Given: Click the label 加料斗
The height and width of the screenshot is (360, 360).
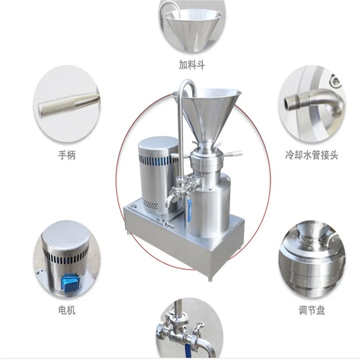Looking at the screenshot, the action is [192, 65].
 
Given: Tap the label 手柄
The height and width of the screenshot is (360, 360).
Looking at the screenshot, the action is [67, 156].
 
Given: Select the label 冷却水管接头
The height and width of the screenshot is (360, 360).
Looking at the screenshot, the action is [312, 156].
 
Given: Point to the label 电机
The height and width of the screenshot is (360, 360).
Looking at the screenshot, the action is [67, 311].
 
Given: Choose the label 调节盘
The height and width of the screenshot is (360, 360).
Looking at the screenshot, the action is [312, 311].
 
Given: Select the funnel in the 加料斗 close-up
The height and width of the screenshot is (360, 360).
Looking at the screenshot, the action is [193, 28].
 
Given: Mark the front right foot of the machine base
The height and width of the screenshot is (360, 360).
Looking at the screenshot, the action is [210, 279].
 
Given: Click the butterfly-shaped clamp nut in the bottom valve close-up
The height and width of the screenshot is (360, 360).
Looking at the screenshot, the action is [199, 327].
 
